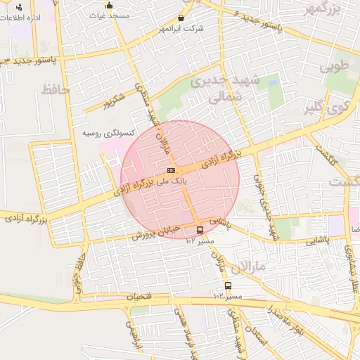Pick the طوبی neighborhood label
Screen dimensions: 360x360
[x=334, y=68]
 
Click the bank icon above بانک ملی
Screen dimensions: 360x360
[x=171, y=170]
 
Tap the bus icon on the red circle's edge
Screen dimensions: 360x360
[x=200, y=230]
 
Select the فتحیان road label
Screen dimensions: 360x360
[x=139, y=297]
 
